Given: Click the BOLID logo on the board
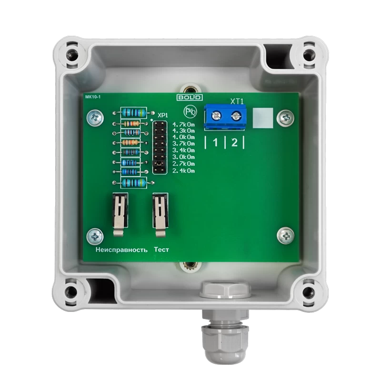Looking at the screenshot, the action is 190,98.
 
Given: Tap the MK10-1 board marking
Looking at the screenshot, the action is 93,97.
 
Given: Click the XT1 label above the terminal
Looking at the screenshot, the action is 237,101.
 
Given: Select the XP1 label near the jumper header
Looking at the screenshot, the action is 163,115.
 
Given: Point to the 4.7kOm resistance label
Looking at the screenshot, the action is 184,124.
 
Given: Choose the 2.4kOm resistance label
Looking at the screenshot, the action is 184,171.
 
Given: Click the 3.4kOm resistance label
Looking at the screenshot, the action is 184,150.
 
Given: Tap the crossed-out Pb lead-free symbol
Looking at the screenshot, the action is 190,111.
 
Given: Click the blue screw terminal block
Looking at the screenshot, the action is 225,117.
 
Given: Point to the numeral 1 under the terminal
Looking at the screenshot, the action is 215,142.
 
